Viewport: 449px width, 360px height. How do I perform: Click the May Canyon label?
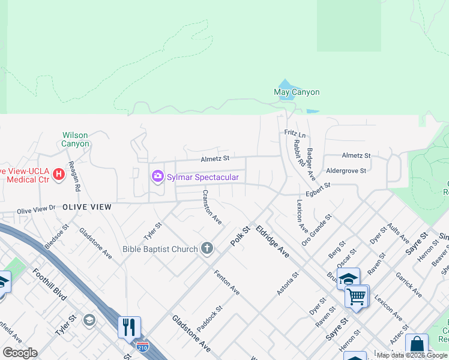[x=297, y=92]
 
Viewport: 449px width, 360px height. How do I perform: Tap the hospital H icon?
[x=59, y=175]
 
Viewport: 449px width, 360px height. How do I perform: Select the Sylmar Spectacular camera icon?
[x=158, y=176]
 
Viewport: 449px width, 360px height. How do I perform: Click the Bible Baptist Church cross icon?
[x=207, y=248]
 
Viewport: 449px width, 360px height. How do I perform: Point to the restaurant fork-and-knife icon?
[x=129, y=327]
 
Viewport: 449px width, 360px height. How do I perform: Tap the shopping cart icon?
[x=357, y=296]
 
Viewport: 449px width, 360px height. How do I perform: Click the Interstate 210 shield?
[x=142, y=347]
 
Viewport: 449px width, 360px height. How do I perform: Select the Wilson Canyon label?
[x=75, y=139]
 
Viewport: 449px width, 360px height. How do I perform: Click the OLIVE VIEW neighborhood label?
[x=86, y=206]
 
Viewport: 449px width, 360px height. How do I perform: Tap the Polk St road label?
[x=240, y=235]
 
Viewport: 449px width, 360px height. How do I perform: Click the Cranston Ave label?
[x=212, y=207]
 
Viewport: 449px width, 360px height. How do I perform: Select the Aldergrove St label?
[x=346, y=171]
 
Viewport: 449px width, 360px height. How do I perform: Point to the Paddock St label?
[x=210, y=319]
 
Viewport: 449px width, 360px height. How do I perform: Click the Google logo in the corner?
[x=19, y=352]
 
